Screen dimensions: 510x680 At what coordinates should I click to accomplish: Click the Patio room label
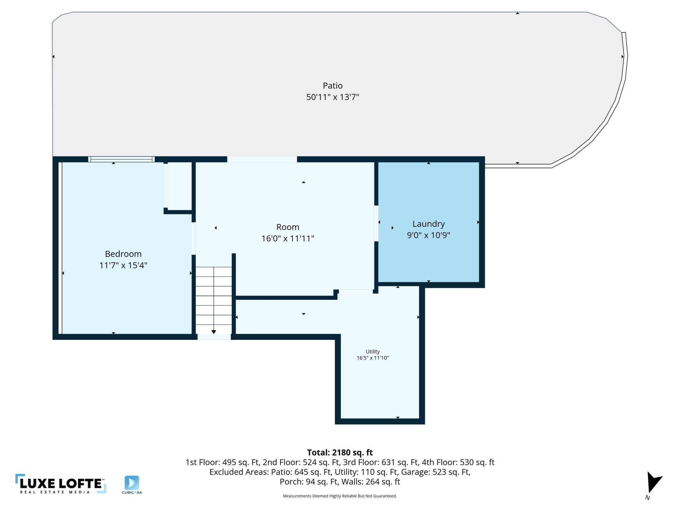coord(332,86)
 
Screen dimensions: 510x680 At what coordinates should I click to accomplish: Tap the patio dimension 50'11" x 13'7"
coord(332,97)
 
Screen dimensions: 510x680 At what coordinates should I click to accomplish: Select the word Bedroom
coord(123,254)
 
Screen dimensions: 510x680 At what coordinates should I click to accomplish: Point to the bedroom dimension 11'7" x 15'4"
coord(123,265)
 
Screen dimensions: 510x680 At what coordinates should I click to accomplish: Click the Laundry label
coord(428,224)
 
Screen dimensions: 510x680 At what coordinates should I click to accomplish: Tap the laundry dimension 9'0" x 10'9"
coord(428,235)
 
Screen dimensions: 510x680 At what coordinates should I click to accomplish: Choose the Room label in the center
coord(288,227)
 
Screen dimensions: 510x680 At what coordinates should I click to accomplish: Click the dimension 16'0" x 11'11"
coord(288,239)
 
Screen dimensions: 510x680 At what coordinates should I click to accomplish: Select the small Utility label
coord(373,351)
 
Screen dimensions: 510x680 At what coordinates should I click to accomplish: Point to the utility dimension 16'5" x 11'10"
coord(373,358)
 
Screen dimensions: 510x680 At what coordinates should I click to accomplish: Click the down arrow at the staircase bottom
coord(213,332)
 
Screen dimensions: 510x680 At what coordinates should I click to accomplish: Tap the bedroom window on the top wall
coord(121,159)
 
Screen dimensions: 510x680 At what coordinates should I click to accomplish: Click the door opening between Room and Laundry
coord(376,223)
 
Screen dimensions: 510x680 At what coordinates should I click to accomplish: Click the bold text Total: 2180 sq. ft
coord(340,452)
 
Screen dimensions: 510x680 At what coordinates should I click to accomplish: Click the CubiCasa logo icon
coord(132,483)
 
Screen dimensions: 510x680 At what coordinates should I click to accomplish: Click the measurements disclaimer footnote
coord(340,496)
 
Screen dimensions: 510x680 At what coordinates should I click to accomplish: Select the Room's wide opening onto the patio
coord(262,159)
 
